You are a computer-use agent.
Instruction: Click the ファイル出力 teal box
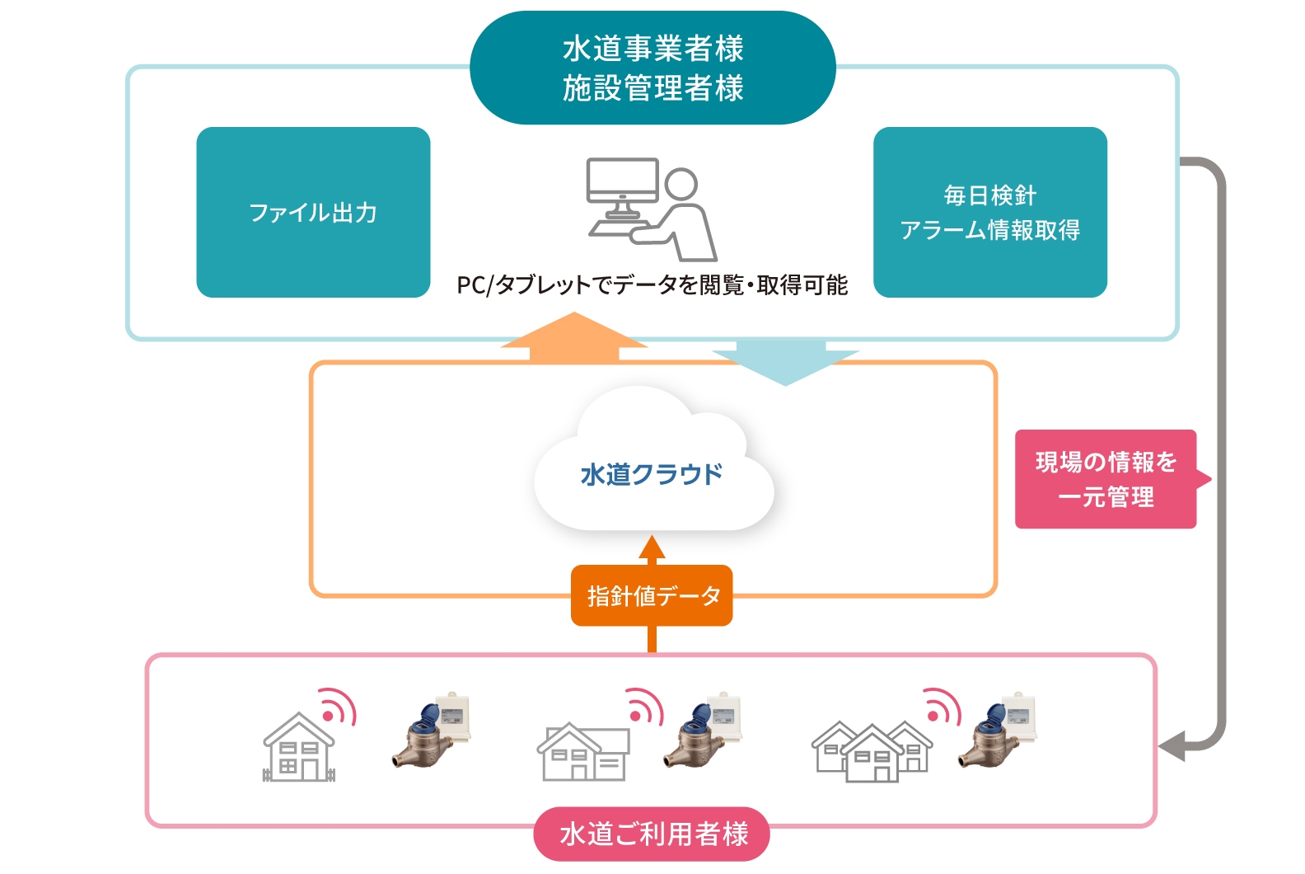click(x=313, y=212)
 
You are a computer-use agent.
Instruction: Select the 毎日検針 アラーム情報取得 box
click(x=989, y=212)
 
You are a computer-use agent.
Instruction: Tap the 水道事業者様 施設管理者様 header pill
click(x=652, y=68)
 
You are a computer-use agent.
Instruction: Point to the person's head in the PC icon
click(x=681, y=184)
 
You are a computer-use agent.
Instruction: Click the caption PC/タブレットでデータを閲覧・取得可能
click(x=652, y=285)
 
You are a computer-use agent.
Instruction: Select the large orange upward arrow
click(x=573, y=338)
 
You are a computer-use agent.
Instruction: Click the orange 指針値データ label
click(x=652, y=595)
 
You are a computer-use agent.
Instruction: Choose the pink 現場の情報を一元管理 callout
click(x=1106, y=479)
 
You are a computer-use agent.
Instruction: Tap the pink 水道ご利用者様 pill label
click(x=652, y=834)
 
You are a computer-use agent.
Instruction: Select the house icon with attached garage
click(x=582, y=751)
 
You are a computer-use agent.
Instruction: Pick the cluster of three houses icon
click(x=872, y=751)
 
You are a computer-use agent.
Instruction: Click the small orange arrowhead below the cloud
click(x=652, y=547)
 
